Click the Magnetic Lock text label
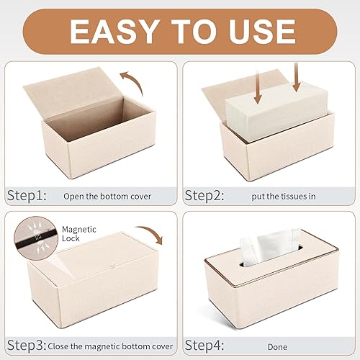tap(77, 233)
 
